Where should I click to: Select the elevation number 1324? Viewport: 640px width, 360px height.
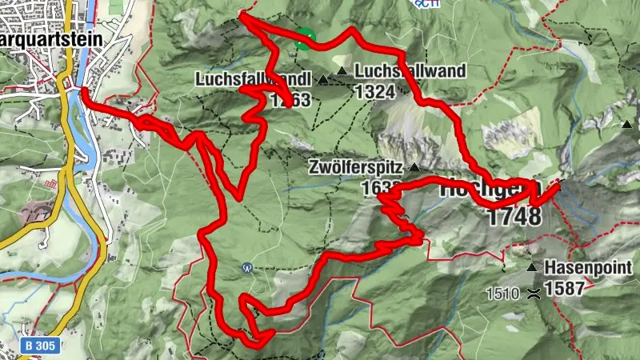click(x=375, y=91)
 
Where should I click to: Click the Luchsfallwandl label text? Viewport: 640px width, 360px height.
click(x=240, y=79)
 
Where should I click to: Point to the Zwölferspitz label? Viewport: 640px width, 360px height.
click(x=357, y=168)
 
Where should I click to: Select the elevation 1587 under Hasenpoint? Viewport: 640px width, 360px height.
click(x=564, y=289)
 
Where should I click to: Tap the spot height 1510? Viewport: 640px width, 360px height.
click(x=502, y=294)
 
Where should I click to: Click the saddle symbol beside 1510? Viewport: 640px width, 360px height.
click(x=532, y=294)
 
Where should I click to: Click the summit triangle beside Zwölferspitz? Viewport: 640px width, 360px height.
click(x=414, y=168)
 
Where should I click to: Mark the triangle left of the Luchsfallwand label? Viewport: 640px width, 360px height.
click(x=342, y=72)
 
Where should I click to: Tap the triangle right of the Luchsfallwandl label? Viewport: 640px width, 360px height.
click(x=324, y=79)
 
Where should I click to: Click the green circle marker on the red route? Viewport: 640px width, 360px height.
click(x=304, y=38)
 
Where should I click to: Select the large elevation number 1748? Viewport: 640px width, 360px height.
click(x=514, y=216)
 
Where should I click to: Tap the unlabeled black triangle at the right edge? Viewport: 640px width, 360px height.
click(x=628, y=125)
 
